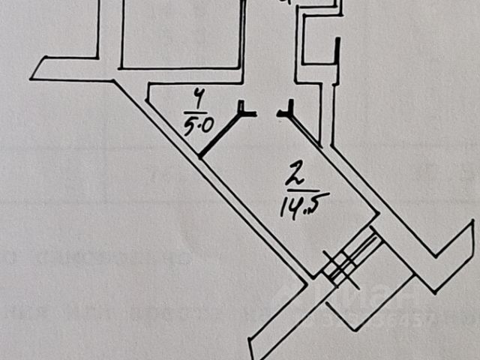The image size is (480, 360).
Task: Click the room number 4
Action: pyautogui.click(x=198, y=97)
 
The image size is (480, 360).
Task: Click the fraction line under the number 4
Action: pyautogui.click(x=197, y=109)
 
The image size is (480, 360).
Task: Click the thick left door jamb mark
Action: pyautogui.click(x=245, y=112)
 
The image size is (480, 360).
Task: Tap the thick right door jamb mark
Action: pyautogui.click(x=286, y=113)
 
